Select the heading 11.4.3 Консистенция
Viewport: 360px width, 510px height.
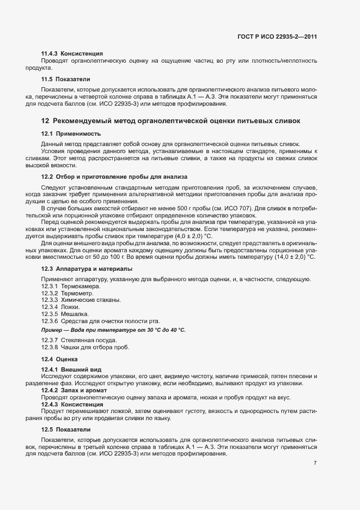72,53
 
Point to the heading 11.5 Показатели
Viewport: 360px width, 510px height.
66,79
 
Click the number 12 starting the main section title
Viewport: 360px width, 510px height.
46,120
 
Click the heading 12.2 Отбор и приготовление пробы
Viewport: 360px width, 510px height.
114,177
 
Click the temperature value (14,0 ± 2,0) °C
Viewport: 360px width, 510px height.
291,257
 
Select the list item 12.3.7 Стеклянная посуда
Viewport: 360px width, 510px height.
79,341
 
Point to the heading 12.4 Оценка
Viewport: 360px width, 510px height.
60,360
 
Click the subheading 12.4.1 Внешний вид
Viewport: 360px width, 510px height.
71,370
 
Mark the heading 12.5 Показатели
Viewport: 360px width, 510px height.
66,430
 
